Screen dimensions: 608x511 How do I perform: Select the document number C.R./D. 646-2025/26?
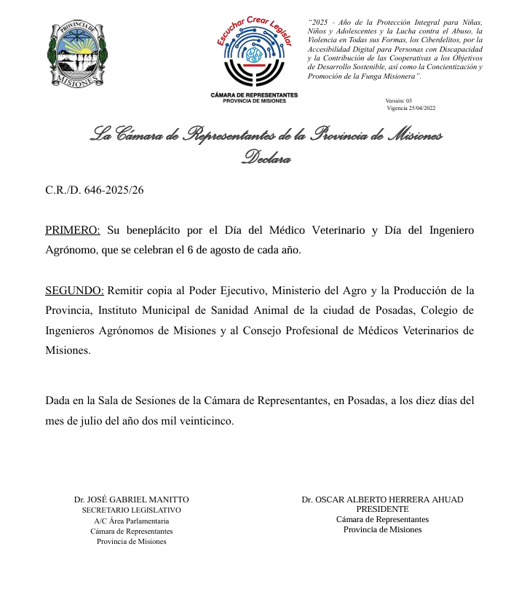click(x=95, y=190)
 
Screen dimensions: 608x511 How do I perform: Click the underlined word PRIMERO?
click(x=73, y=231)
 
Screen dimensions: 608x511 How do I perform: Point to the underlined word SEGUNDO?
click(x=74, y=291)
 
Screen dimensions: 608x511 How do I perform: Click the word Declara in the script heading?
click(x=266, y=158)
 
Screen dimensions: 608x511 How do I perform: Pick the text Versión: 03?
click(x=399, y=100)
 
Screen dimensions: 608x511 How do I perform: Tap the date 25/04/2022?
click(x=422, y=108)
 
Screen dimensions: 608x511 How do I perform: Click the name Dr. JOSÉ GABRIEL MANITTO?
click(x=131, y=500)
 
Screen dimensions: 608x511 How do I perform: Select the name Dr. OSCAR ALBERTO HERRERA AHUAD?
click(x=382, y=500)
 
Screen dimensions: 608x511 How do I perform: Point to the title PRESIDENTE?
click(x=382, y=509)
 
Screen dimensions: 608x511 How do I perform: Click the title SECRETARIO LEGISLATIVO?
click(x=131, y=510)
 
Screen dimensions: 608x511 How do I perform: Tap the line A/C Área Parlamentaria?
click(x=132, y=521)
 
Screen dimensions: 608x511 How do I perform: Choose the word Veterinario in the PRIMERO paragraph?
click(x=330, y=231)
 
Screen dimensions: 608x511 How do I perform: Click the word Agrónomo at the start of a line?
click(x=71, y=250)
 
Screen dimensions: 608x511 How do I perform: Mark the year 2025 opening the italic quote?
click(x=321, y=23)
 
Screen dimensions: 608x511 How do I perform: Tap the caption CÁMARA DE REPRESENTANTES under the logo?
click(x=254, y=95)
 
